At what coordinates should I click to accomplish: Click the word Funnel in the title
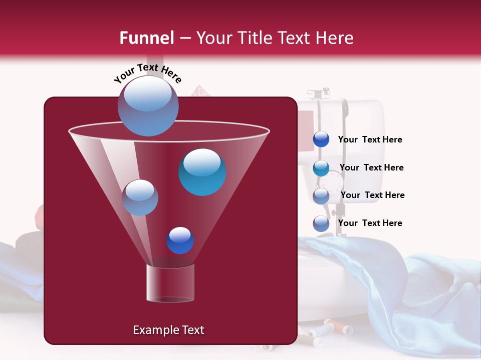(x=146, y=38)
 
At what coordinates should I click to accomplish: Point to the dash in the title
(x=185, y=38)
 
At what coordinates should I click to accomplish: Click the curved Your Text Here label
(x=148, y=72)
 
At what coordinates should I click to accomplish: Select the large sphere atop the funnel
(x=148, y=106)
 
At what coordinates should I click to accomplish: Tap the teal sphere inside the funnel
(x=202, y=172)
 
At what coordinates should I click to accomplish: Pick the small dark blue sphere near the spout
(x=180, y=240)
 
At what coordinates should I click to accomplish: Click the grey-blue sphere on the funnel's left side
(x=140, y=197)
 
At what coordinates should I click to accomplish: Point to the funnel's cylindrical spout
(x=170, y=283)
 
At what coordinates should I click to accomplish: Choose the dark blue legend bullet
(x=321, y=139)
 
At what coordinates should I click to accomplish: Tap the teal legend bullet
(x=321, y=168)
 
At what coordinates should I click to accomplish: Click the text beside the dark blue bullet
(x=370, y=139)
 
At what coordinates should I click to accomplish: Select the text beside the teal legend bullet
(x=371, y=167)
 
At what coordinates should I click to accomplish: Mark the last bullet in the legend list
(x=321, y=223)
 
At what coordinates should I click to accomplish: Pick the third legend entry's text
(x=372, y=195)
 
